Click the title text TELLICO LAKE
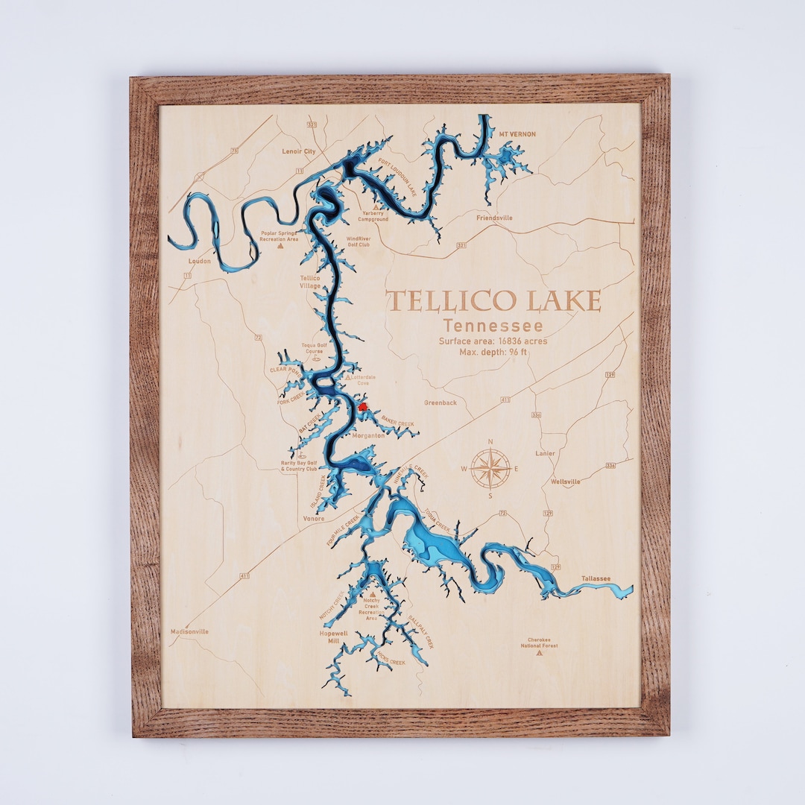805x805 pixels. pyautogui.click(x=493, y=301)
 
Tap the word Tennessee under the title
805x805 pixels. pyautogui.click(x=493, y=326)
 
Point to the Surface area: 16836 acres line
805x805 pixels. pyautogui.click(x=493, y=341)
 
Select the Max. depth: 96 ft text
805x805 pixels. pyautogui.click(x=493, y=352)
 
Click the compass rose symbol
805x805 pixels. pyautogui.click(x=490, y=469)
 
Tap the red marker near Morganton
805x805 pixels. pyautogui.click(x=363, y=406)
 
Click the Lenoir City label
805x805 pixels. pyautogui.click(x=299, y=151)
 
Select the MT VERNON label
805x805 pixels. pyautogui.click(x=517, y=134)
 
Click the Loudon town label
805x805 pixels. pyautogui.click(x=200, y=262)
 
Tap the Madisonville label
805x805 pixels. pyautogui.click(x=189, y=631)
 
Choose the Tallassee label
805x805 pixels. pyautogui.click(x=596, y=578)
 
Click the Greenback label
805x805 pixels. pyautogui.click(x=441, y=402)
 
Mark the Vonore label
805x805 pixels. pyautogui.click(x=314, y=518)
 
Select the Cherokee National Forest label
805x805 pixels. pyautogui.click(x=543, y=642)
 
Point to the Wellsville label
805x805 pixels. pyautogui.click(x=565, y=482)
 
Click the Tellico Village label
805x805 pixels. pyautogui.click(x=310, y=282)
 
